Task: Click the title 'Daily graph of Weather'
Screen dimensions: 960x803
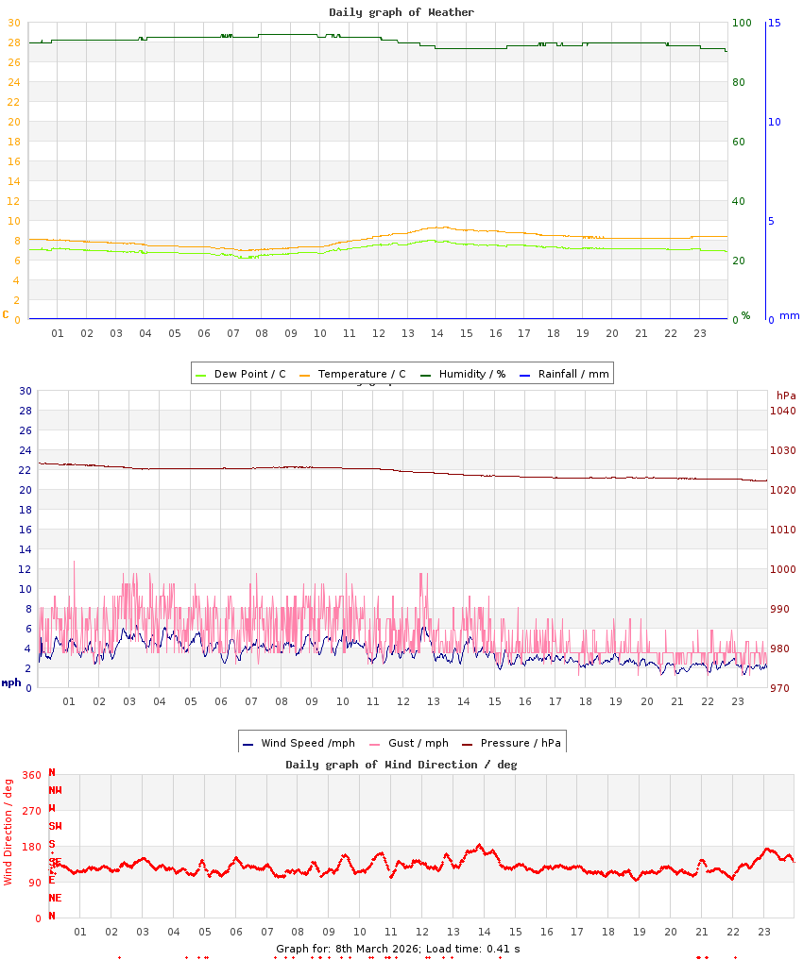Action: click(x=401, y=12)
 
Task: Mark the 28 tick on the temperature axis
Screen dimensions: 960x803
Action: click(x=13, y=42)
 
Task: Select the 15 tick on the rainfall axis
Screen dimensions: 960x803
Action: click(x=775, y=23)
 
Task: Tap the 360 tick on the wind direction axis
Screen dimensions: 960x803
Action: click(x=32, y=775)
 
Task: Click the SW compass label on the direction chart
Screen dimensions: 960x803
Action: click(x=55, y=826)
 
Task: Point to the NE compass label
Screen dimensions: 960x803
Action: click(x=55, y=898)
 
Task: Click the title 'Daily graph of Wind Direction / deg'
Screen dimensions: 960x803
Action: click(x=401, y=765)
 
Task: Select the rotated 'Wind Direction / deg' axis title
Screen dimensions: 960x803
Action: click(x=9, y=831)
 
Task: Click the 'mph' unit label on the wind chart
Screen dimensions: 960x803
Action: click(x=10, y=682)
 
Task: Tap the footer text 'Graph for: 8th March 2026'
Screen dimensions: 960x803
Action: click(x=349, y=948)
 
